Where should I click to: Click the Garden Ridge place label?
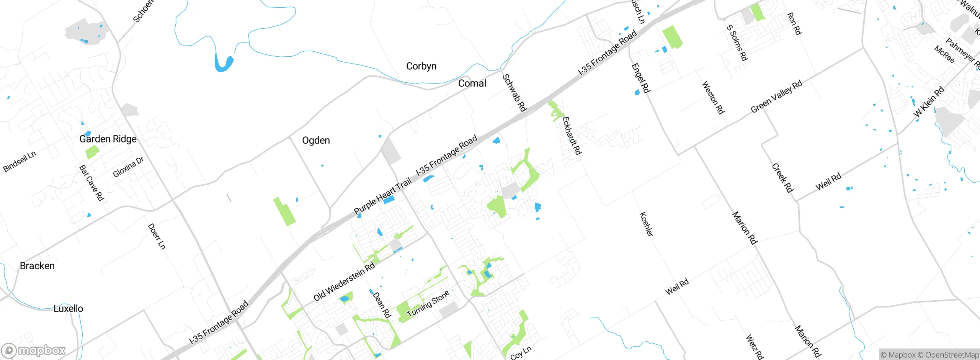point(108,139)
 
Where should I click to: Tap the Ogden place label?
point(316,141)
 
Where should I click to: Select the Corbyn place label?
point(421,66)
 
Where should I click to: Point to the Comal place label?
point(472,83)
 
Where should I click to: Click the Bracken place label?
point(37,266)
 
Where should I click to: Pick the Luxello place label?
point(68,309)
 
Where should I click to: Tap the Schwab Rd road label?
point(514,93)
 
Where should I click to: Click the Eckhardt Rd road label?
point(572,136)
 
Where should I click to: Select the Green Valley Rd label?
point(776,97)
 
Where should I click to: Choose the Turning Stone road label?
point(428,304)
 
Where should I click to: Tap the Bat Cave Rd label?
point(91,183)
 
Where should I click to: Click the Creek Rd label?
point(782,178)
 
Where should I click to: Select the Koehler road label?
point(646,224)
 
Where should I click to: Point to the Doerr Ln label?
point(157,236)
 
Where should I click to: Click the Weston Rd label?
point(713,98)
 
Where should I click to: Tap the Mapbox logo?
point(34,350)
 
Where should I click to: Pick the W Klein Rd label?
point(929,102)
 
